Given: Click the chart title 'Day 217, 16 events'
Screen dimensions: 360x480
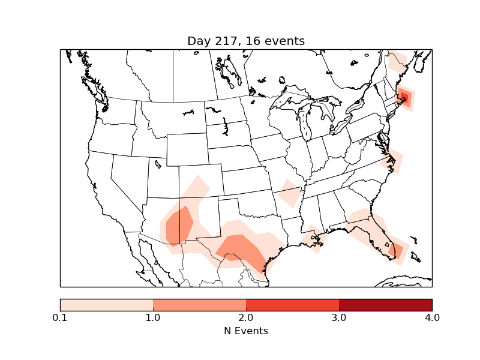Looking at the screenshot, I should [246, 41].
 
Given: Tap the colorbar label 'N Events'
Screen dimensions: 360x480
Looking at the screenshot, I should [246, 331].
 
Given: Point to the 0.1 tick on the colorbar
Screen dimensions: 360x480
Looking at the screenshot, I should [60, 317].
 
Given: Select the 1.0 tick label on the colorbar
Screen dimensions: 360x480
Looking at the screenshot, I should [153, 317].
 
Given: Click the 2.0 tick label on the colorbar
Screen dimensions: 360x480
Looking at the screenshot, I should [246, 317].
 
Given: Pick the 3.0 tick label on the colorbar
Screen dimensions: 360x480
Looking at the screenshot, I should [339, 317].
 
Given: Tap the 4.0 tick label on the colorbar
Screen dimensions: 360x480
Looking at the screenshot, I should [432, 317].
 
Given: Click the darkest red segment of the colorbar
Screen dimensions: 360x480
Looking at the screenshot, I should [385, 304].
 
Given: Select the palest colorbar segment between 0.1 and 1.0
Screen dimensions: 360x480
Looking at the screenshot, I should [106, 304].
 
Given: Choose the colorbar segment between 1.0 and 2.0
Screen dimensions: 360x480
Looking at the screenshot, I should [199, 304].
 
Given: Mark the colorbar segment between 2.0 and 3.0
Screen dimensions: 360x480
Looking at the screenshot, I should [292, 304].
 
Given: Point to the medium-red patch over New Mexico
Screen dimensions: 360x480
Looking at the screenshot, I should [179, 226].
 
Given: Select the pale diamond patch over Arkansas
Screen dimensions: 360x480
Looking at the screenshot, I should [290, 194].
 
